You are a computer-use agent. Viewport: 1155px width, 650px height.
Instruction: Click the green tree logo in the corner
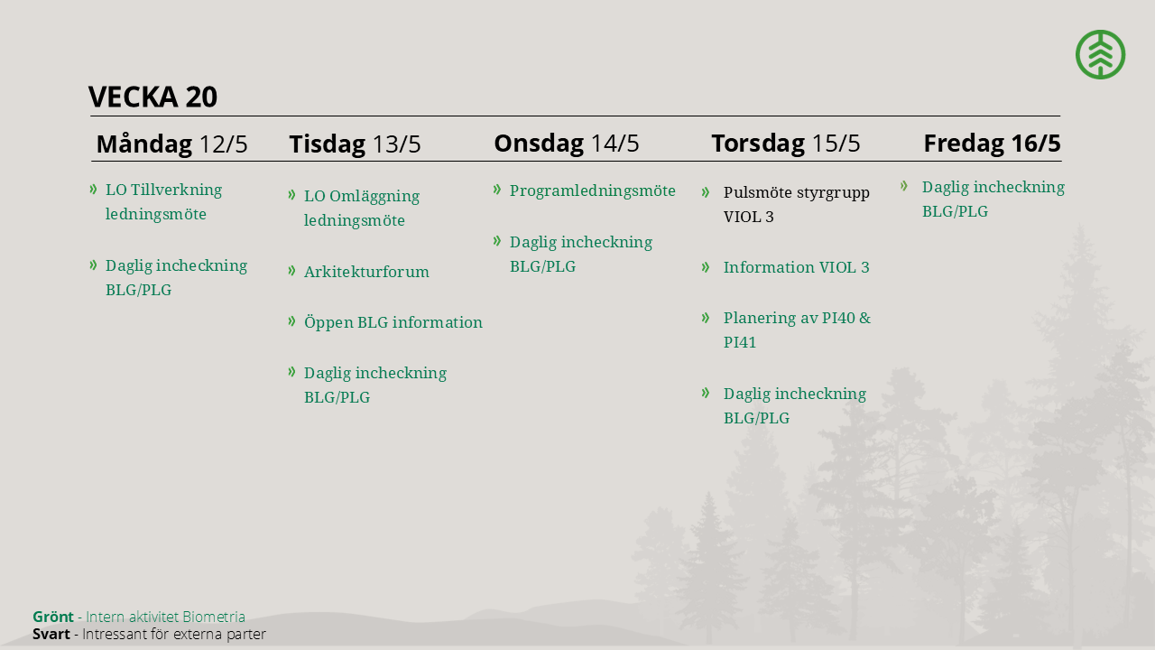(1100, 54)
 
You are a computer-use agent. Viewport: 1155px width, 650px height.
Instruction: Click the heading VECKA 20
(152, 97)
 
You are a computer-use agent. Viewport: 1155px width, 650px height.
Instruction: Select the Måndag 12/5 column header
(171, 144)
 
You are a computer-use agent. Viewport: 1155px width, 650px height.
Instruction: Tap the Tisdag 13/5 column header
(355, 144)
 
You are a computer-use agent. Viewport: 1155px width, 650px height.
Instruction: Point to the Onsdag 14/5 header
(566, 143)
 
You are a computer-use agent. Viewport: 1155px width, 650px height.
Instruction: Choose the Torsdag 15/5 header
(786, 143)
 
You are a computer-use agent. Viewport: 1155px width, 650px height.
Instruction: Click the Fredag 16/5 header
(992, 143)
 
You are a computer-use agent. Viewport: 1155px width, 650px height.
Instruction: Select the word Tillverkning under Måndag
(176, 190)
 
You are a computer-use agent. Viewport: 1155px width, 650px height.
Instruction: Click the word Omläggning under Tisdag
(374, 196)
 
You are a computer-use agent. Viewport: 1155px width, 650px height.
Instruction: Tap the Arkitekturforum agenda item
(366, 272)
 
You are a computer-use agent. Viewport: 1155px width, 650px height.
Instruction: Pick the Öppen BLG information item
(393, 322)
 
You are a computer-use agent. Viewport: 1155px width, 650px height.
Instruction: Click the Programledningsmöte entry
(593, 190)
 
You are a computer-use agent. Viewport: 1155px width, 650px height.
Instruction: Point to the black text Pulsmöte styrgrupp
(796, 193)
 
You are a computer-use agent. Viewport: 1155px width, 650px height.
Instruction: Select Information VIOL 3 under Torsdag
(796, 267)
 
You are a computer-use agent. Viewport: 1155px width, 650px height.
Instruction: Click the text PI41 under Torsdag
(739, 342)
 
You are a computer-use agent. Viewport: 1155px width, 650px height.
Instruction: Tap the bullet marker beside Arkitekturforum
(291, 270)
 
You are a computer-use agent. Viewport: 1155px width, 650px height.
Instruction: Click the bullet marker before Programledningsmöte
(497, 190)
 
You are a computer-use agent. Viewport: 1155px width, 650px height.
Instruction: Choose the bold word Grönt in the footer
(52, 617)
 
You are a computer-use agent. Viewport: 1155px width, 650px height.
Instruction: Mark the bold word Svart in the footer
(51, 634)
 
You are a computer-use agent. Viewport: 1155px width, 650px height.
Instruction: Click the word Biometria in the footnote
(214, 617)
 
